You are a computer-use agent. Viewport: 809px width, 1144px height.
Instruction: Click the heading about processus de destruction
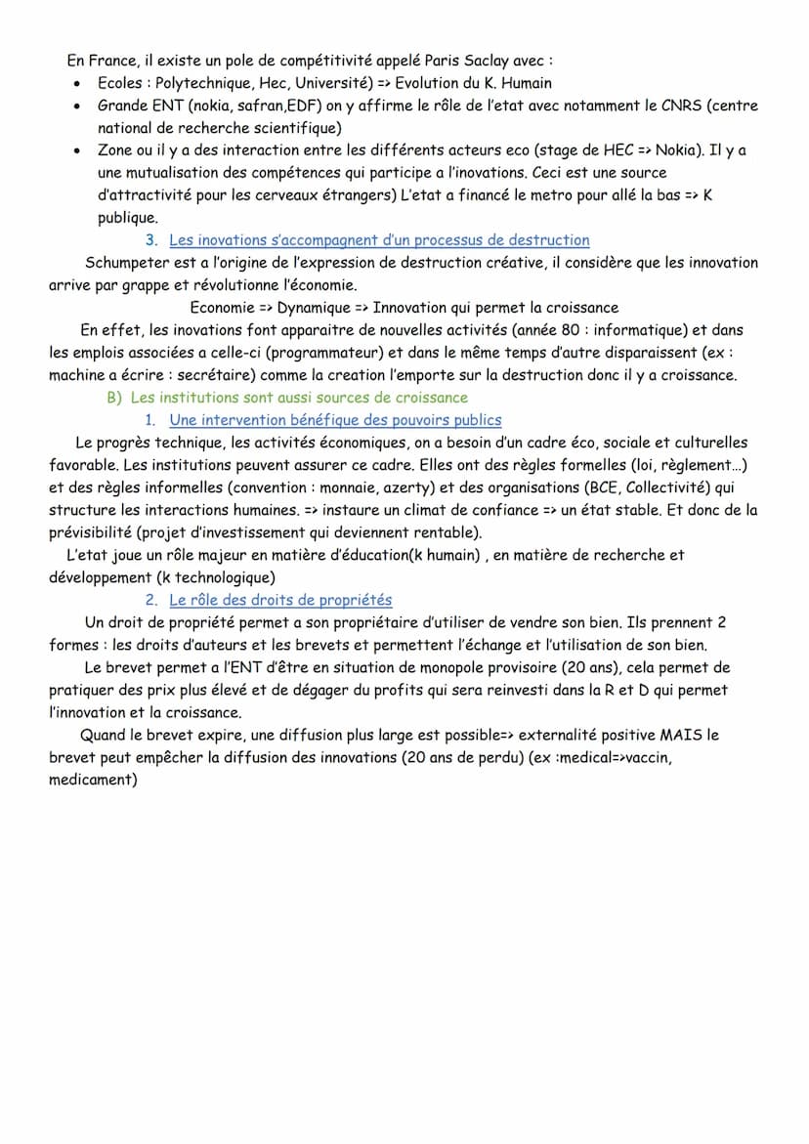click(x=379, y=239)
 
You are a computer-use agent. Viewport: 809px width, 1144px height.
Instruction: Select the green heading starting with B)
click(x=286, y=398)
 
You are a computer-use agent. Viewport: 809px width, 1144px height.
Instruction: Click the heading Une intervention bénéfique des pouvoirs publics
click(x=335, y=420)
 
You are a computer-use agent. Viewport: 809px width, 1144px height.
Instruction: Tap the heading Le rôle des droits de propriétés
click(x=280, y=600)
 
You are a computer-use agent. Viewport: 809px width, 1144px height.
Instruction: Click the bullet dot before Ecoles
click(x=76, y=83)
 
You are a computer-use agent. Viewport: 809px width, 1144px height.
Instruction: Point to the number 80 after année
click(x=576, y=330)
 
